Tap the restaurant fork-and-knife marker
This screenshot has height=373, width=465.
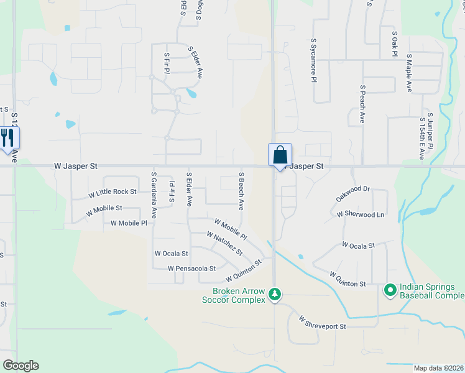[8, 137]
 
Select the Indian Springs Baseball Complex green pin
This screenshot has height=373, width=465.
[390, 290]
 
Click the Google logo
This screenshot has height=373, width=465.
[21, 366]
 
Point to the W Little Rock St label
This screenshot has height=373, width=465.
[112, 193]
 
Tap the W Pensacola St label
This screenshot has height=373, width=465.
[191, 269]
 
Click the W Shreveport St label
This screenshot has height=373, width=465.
[321, 322]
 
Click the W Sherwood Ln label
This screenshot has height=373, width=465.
[361, 214]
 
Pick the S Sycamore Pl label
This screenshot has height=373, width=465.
[314, 60]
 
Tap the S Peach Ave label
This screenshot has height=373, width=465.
[362, 104]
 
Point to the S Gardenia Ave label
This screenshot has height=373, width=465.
[154, 190]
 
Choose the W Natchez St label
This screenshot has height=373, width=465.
[224, 243]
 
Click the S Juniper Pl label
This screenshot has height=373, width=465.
[430, 130]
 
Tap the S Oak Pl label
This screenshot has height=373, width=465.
[394, 43]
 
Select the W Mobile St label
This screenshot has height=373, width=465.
[104, 210]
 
